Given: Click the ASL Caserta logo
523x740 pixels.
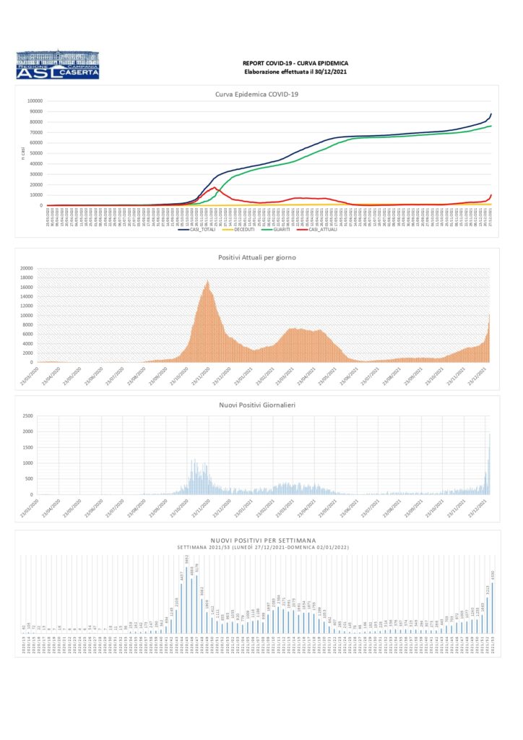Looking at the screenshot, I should click(x=57, y=64).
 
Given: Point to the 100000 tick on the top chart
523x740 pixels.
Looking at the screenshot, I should click(x=34, y=101).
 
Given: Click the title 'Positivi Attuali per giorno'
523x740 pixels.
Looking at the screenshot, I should click(x=257, y=257).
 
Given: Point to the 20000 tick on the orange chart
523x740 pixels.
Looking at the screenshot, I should click(x=27, y=268).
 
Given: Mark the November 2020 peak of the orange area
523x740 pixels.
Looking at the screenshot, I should click(x=208, y=282).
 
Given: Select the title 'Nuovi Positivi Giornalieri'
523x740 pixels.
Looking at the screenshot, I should click(x=257, y=406).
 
